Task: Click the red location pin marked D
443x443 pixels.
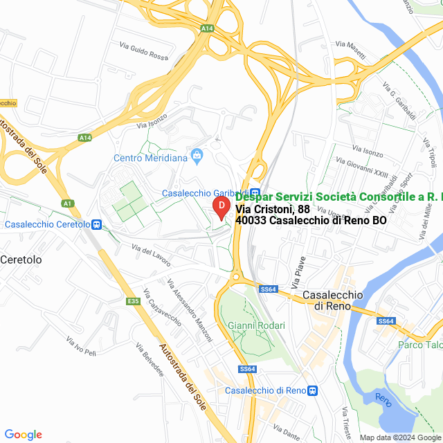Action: pos(221,207)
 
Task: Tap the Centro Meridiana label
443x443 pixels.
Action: pos(151,158)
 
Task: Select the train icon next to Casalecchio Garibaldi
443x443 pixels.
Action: pos(255,193)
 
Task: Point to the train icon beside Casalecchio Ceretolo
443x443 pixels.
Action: pos(97,224)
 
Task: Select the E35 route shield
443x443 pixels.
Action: pos(134,301)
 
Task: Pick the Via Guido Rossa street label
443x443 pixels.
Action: pos(143,51)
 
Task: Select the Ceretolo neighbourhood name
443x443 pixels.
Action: pos(21,260)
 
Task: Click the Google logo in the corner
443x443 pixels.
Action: pos(23,435)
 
